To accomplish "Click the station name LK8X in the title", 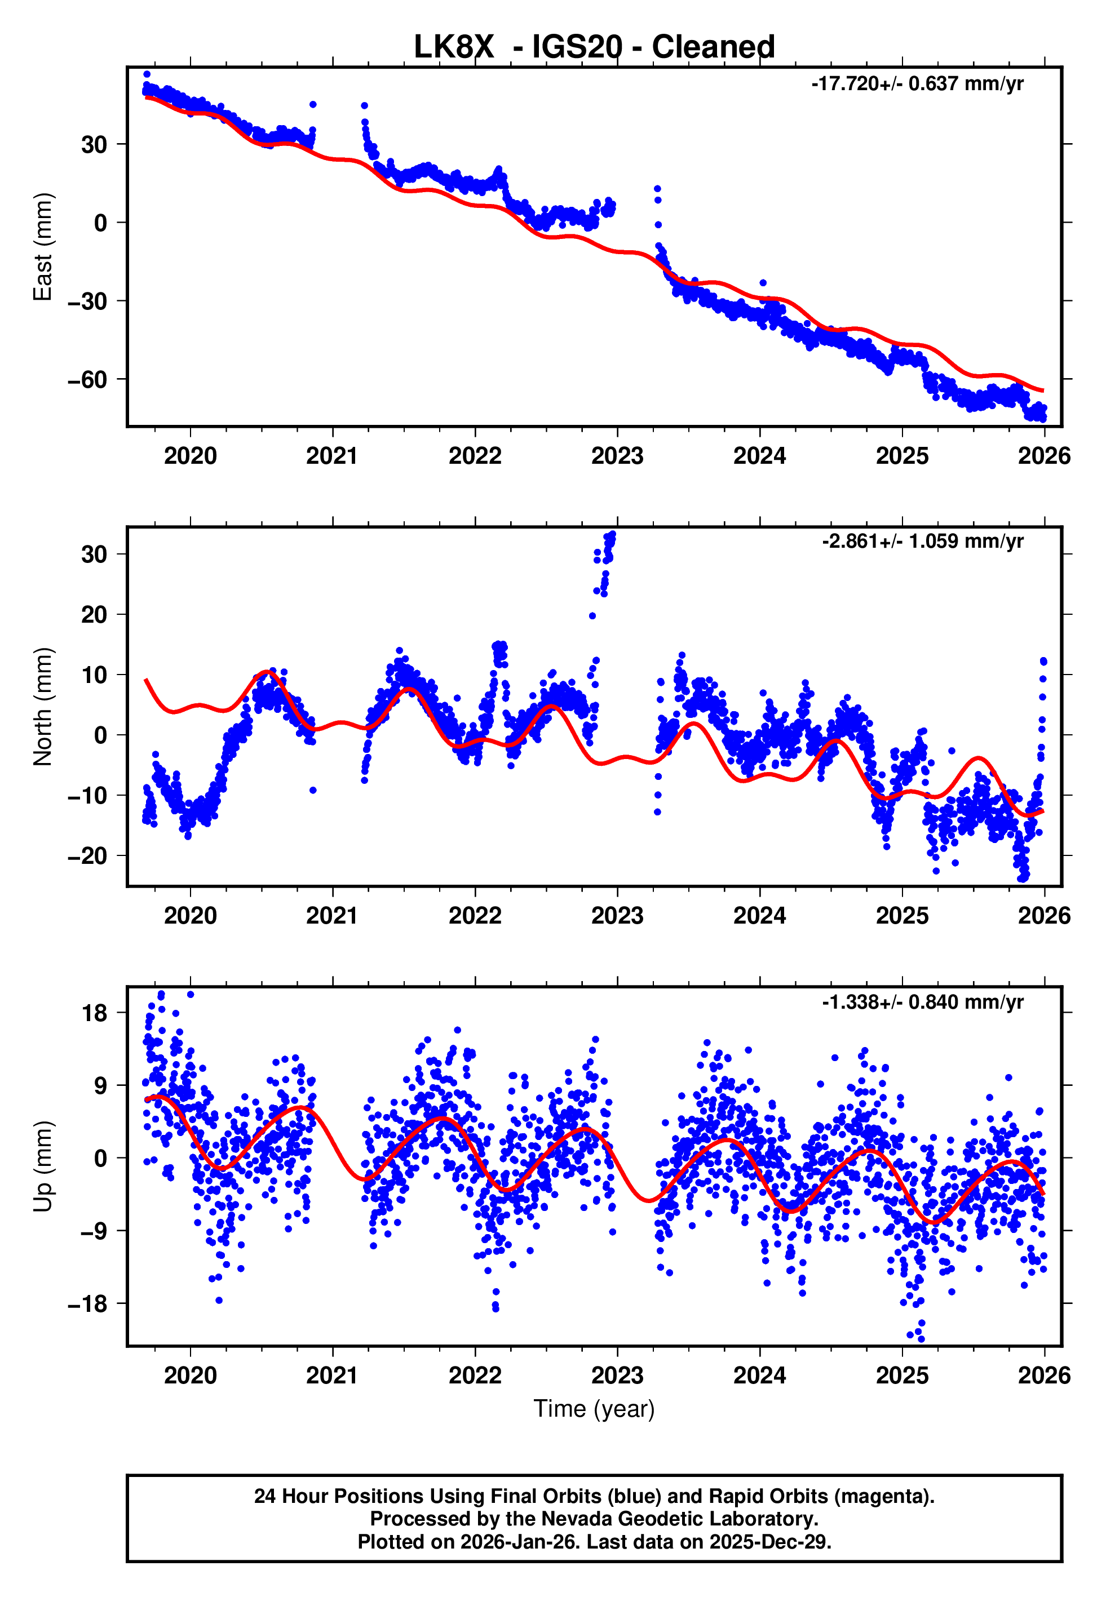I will pos(454,47).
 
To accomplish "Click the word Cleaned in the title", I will pos(713,47).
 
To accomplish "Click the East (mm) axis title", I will pos(43,247).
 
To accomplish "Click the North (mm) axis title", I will pos(43,707).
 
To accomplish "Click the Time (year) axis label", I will pos(594,1409).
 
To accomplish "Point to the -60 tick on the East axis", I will pos(87,379).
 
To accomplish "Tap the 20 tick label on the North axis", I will pos(94,614).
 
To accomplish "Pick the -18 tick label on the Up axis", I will pos(87,1303).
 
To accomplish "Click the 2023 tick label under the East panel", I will pos(617,456).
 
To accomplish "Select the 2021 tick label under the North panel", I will pos(332,916).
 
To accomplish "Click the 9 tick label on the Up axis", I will pos(101,1085).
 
